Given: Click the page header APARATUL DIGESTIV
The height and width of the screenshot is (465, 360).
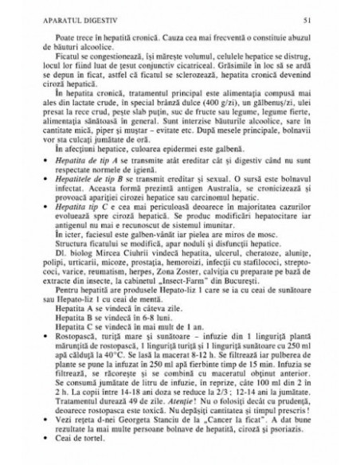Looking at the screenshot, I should [58, 17].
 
